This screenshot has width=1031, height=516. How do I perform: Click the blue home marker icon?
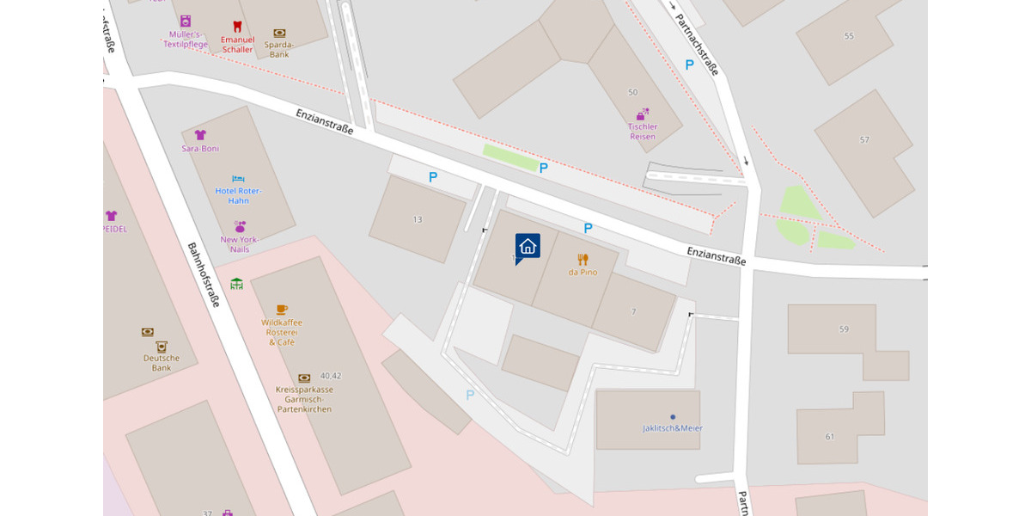pos(528,247)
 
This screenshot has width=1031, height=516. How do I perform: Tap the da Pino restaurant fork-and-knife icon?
pos(583,259)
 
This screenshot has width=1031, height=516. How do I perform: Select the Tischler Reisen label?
pos(642,132)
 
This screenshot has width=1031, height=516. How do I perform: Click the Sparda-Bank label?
pos(279,49)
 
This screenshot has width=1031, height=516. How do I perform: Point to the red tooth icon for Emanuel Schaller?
pos(237,27)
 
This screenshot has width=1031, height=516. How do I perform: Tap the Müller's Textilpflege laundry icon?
pos(186,21)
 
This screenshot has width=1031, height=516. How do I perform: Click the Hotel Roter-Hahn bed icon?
pos(239,179)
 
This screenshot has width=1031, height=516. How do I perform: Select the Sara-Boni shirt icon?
pos(200,135)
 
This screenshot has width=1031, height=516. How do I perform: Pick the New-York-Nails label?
pos(240,244)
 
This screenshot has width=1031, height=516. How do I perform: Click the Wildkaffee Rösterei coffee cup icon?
pos(282,309)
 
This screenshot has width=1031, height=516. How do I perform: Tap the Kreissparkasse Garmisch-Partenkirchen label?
pos(304,399)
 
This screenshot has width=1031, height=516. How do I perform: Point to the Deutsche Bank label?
pos(162,362)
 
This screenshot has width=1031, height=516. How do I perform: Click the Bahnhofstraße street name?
pos(204,274)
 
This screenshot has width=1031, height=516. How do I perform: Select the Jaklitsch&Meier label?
pos(672,428)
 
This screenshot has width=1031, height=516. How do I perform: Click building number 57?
pos(864,139)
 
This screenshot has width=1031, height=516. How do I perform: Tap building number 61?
pos(830,436)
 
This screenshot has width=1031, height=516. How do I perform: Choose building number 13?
pos(418,219)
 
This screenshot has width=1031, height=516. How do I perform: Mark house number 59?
pos(844,329)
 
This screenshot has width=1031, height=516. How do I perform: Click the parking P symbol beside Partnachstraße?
pos(689,64)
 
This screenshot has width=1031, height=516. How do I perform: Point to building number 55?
pos(849,36)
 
